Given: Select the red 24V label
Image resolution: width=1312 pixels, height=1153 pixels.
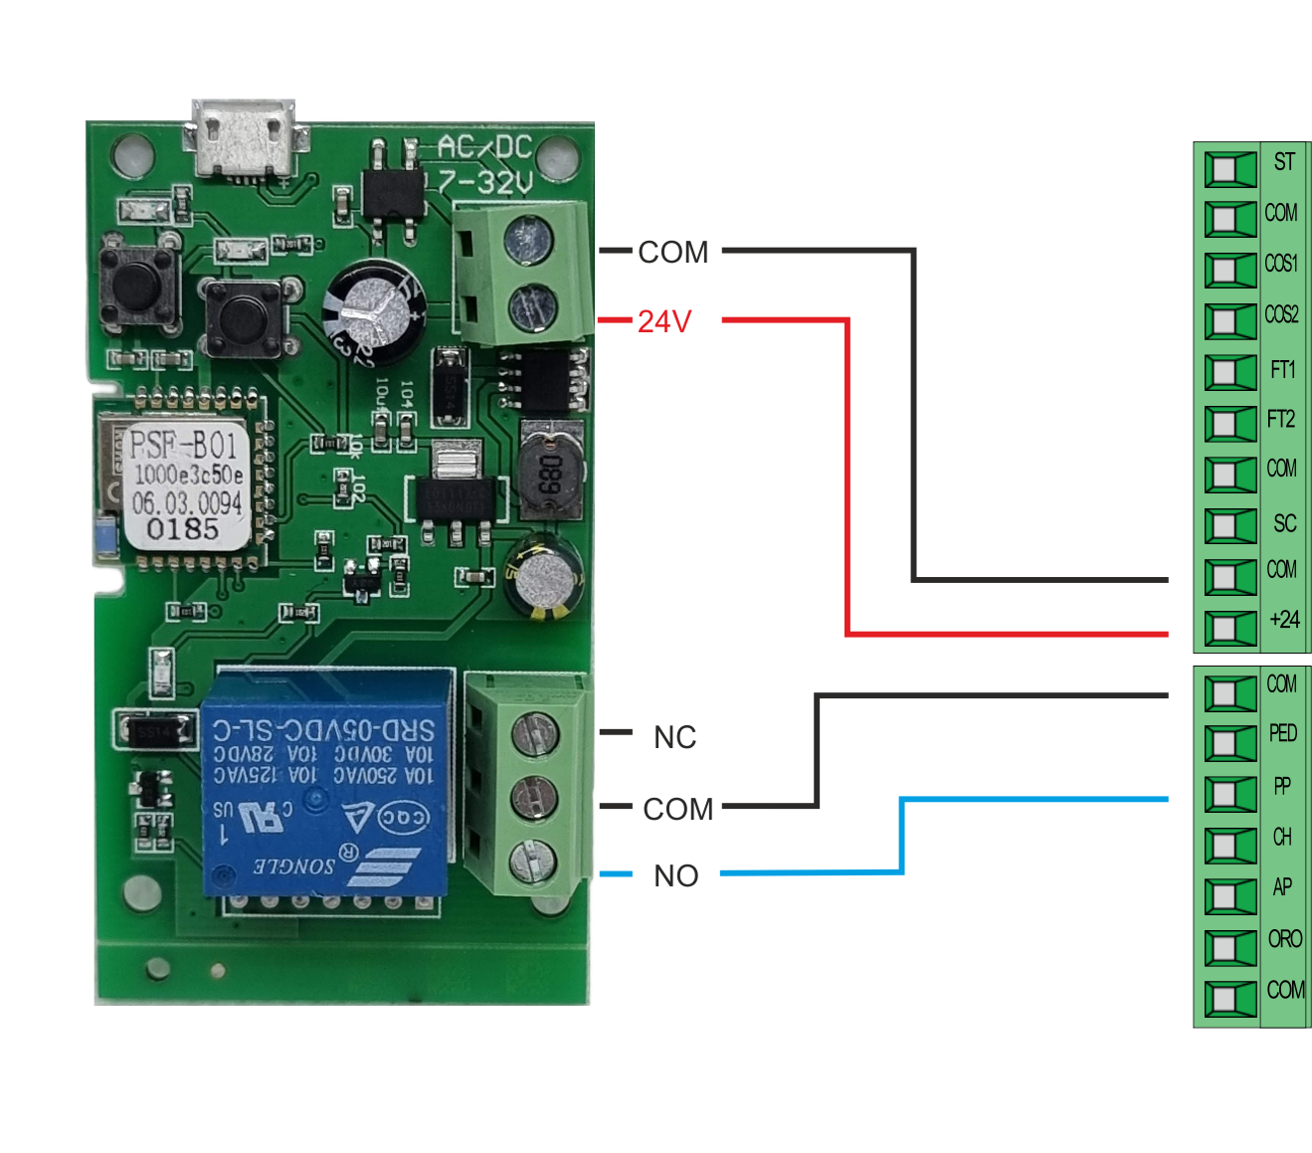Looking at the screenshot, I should pyautogui.click(x=664, y=321).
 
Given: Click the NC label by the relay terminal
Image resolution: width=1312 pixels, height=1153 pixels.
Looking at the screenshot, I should pyautogui.click(x=674, y=737).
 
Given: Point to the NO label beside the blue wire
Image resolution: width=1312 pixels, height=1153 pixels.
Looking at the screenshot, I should pyautogui.click(x=675, y=875).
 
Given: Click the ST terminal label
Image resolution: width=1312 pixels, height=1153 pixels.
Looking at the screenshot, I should pyautogui.click(x=1284, y=162).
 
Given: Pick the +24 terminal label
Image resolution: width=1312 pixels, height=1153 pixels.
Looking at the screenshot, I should pyautogui.click(x=1284, y=620).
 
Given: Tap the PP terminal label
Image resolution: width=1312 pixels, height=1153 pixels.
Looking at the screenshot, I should pyautogui.click(x=1282, y=786).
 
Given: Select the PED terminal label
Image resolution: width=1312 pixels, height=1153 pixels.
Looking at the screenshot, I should pyautogui.click(x=1282, y=733).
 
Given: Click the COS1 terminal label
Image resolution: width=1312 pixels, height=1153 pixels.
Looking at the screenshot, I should pyautogui.click(x=1281, y=264).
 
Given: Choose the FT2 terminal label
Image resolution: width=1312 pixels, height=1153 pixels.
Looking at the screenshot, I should pyautogui.click(x=1281, y=419).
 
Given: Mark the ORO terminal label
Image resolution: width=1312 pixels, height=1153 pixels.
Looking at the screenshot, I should pyautogui.click(x=1284, y=938).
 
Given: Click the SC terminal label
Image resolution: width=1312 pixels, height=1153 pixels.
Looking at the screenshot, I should pyautogui.click(x=1284, y=523).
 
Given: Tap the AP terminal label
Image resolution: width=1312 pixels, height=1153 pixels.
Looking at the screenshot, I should pyautogui.click(x=1282, y=886).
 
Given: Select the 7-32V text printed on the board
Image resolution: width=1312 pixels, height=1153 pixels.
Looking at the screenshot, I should pyautogui.click(x=486, y=182).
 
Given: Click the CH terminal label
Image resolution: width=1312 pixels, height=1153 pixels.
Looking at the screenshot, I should pyautogui.click(x=1282, y=837).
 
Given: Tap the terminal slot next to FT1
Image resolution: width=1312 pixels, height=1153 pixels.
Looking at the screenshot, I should pyautogui.click(x=1230, y=372).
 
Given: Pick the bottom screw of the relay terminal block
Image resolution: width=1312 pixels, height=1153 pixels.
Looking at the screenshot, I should pyautogui.click(x=533, y=860).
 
